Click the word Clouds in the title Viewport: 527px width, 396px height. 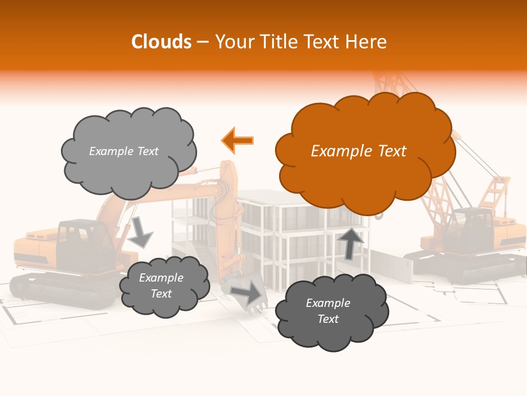point(161,42)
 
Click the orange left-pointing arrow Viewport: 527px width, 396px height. point(238,140)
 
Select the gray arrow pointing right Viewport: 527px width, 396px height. point(246,293)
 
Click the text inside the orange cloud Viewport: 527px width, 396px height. point(358,151)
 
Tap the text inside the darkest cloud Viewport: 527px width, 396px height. point(328,311)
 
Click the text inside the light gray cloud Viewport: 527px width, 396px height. point(124,151)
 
